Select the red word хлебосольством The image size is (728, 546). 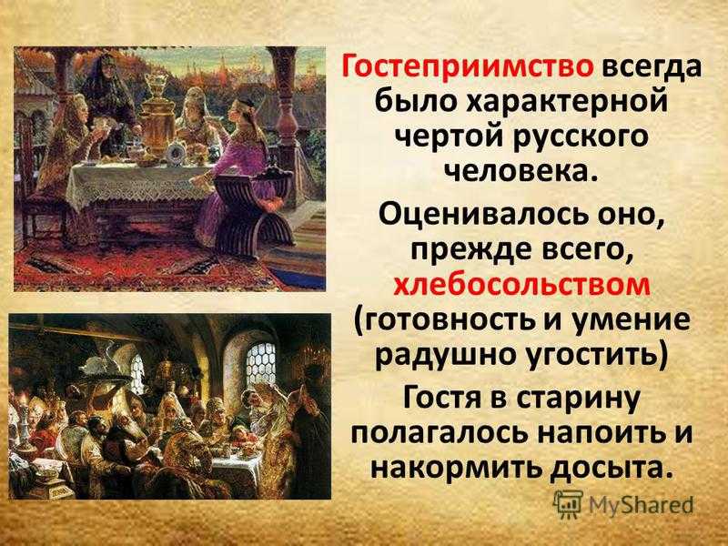coord(521,285)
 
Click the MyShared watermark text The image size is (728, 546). coord(641,505)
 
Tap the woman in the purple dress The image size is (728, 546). coord(241,172)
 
